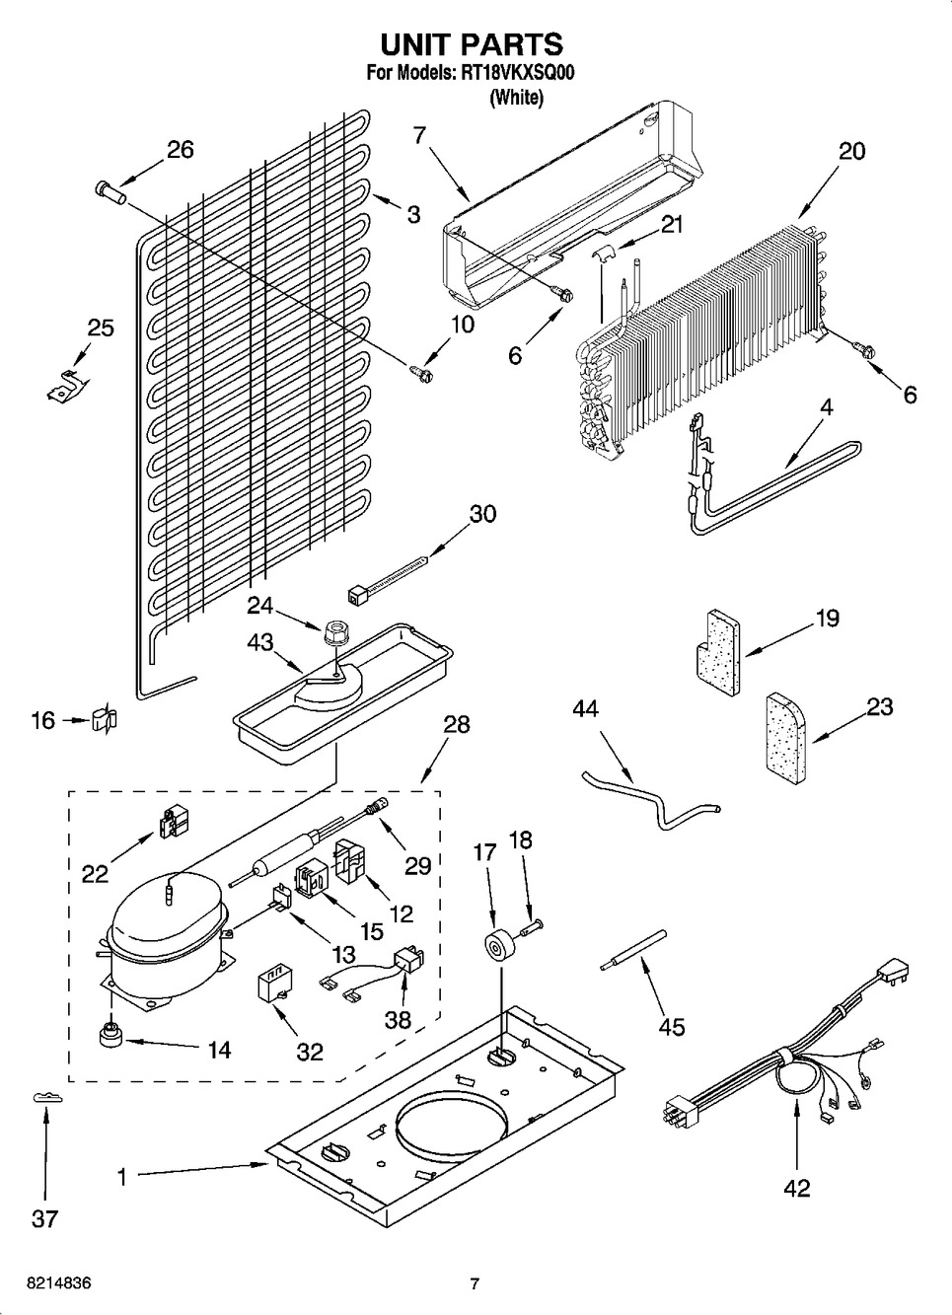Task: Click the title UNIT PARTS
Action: click(472, 44)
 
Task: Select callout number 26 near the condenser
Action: click(180, 150)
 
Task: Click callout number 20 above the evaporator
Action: click(851, 151)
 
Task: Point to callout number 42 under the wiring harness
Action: click(796, 1188)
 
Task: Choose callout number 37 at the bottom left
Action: click(44, 1219)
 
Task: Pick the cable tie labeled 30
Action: click(388, 579)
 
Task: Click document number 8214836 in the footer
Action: click(47, 1283)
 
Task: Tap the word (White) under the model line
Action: click(516, 97)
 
